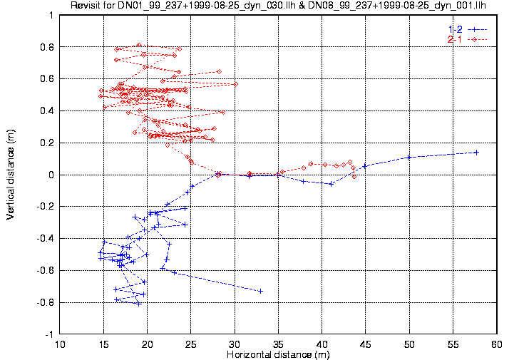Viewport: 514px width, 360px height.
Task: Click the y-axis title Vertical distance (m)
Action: [x=10, y=175]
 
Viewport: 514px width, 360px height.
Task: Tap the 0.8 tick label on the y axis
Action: [x=47, y=47]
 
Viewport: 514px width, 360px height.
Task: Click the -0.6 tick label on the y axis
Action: [x=46, y=270]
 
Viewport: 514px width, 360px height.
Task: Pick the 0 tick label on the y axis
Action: [x=51, y=175]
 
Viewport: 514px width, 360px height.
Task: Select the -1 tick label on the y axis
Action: [x=49, y=334]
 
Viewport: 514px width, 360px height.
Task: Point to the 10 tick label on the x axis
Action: [x=61, y=344]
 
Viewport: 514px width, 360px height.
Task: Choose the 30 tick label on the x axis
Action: [x=235, y=344]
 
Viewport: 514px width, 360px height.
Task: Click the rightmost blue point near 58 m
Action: [x=476, y=153]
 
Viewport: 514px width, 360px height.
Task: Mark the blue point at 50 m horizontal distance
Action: [x=408, y=157]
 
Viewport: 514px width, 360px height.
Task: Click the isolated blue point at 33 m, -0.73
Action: [x=260, y=291]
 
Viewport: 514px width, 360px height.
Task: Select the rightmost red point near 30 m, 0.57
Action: [x=235, y=84]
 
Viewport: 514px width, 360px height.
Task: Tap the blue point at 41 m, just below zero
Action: [x=331, y=183]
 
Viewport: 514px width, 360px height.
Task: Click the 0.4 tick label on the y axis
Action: [x=47, y=110]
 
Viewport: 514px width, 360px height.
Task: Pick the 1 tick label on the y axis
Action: [x=51, y=15]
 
